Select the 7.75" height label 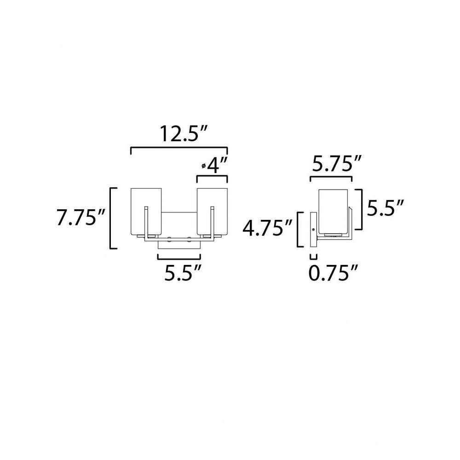coord(80,218)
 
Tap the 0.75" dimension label coord(333,273)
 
